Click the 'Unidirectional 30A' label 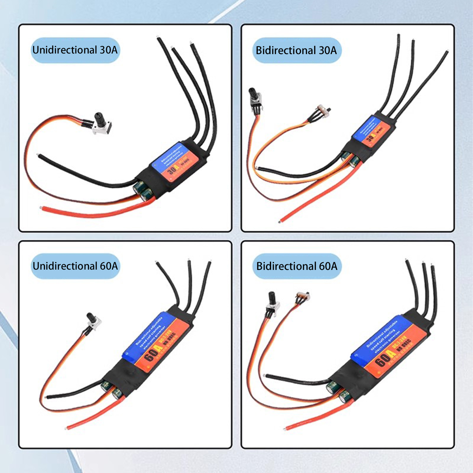(75, 50)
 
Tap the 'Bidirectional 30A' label (297, 50)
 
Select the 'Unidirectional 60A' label (75, 266)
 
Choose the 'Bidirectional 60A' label (297, 266)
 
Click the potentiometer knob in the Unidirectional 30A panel (100, 119)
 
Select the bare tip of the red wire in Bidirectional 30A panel (280, 221)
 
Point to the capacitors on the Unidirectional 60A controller (111, 389)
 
